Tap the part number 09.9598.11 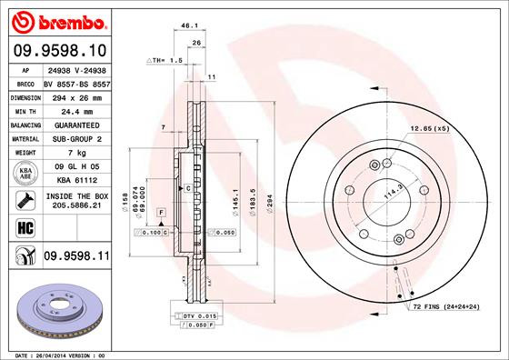(x=76, y=257)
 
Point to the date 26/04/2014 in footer (x=56, y=354)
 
